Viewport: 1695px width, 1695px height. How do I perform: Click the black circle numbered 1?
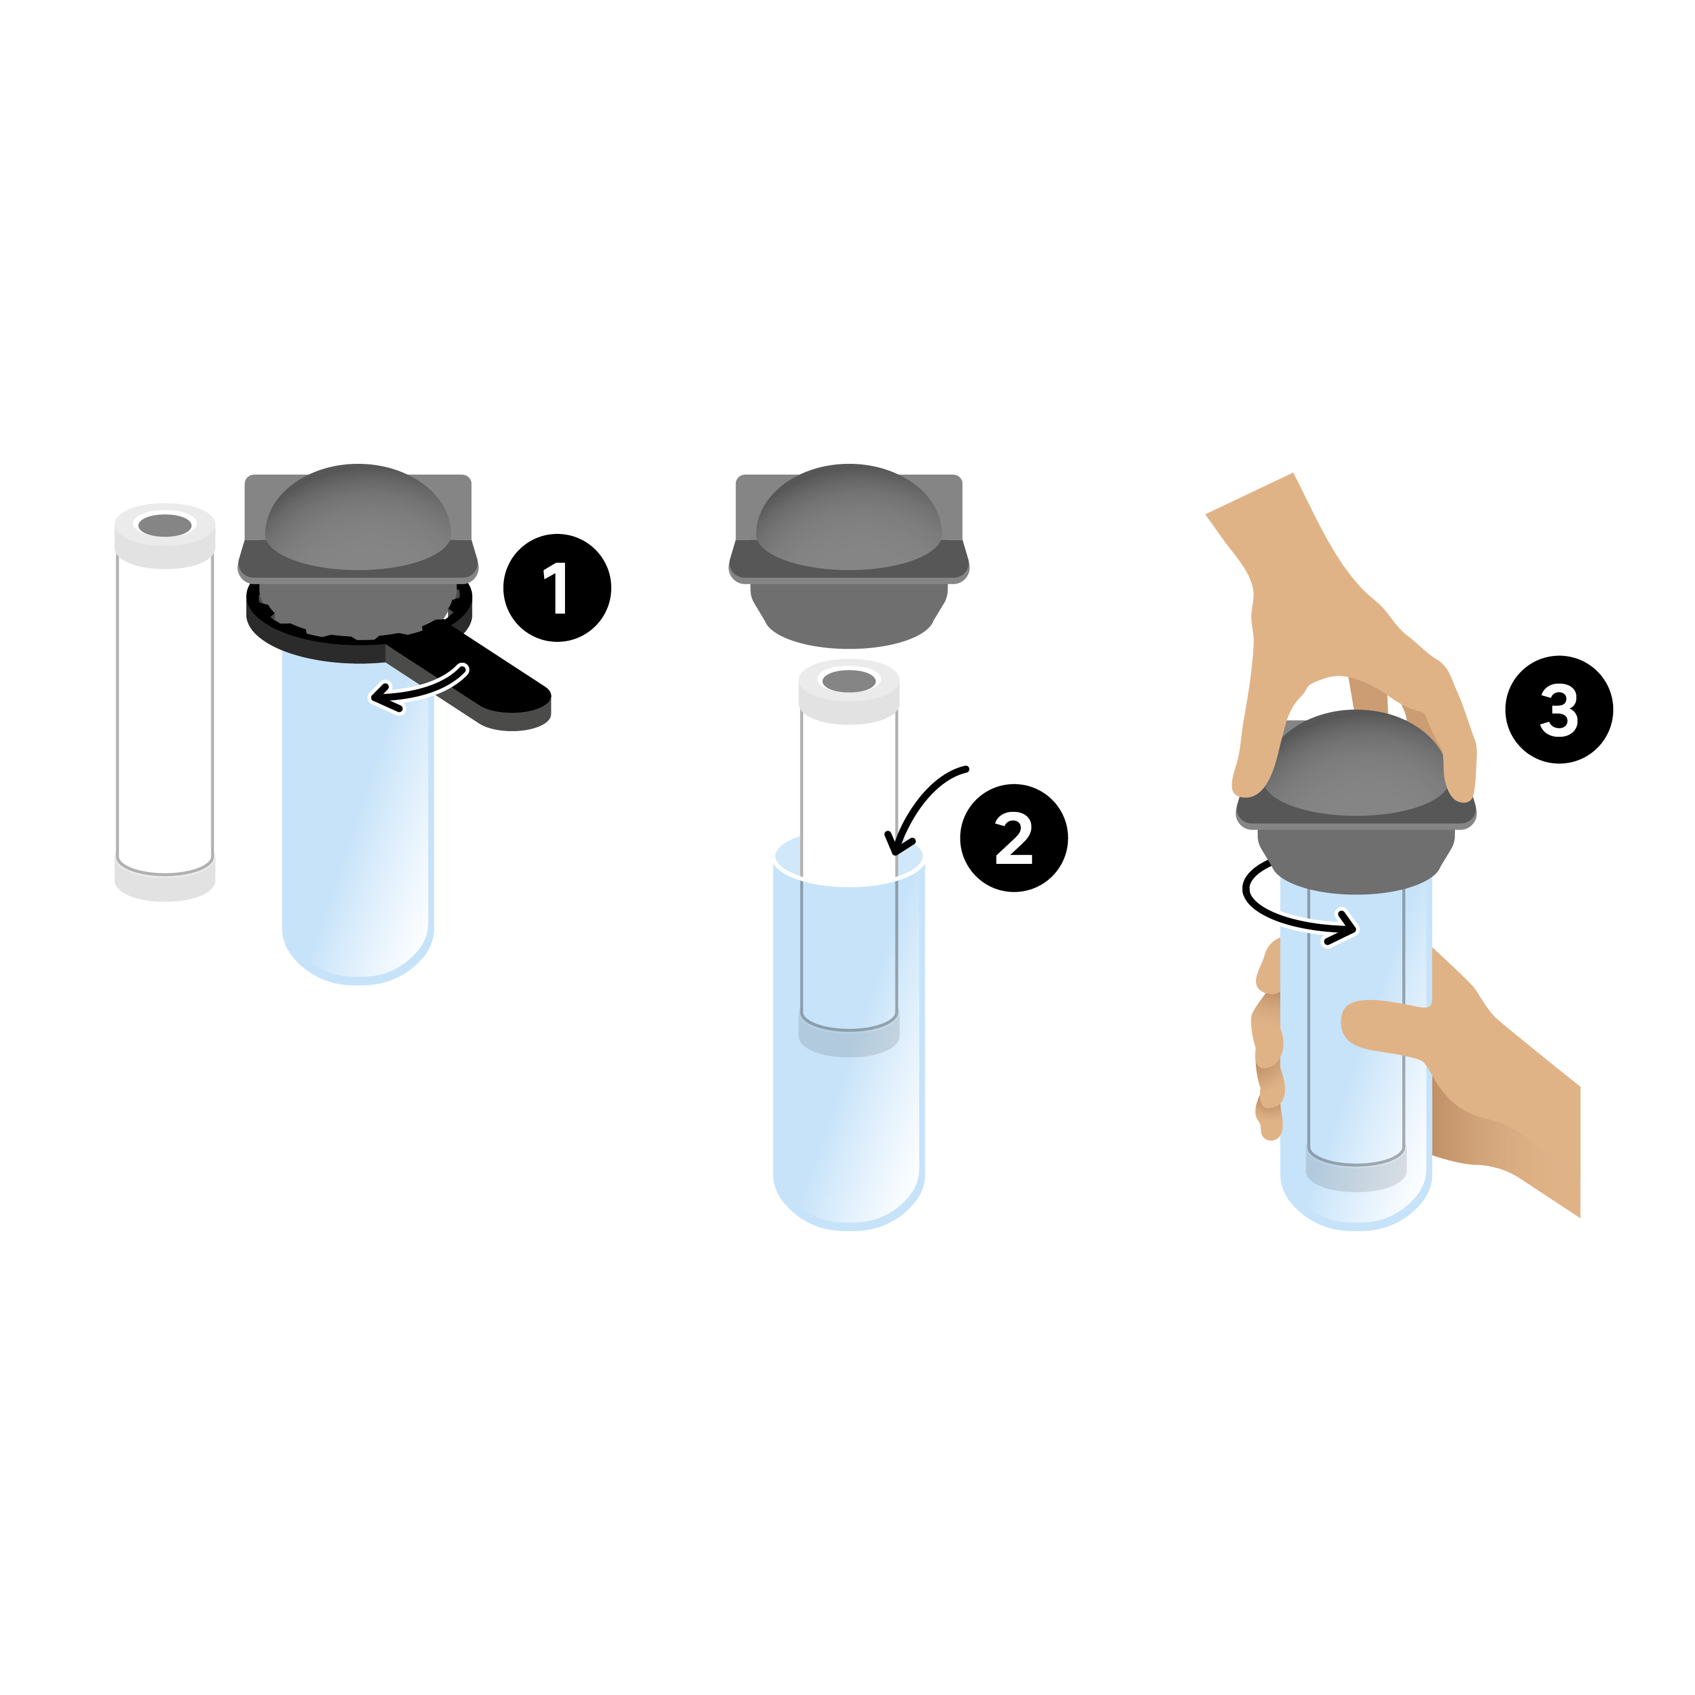(557, 588)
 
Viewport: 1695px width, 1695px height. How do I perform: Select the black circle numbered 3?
(1559, 710)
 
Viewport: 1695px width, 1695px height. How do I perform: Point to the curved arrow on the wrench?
(419, 690)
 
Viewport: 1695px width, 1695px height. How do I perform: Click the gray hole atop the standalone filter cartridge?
(165, 525)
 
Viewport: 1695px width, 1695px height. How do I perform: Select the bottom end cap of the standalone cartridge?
(165, 878)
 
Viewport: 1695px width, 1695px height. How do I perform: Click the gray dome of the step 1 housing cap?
(358, 518)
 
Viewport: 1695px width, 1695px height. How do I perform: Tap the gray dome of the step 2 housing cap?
(849, 518)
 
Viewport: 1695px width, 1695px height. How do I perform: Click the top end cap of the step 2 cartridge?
(849, 692)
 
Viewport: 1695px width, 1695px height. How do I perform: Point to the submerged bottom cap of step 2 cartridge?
(849, 1033)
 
